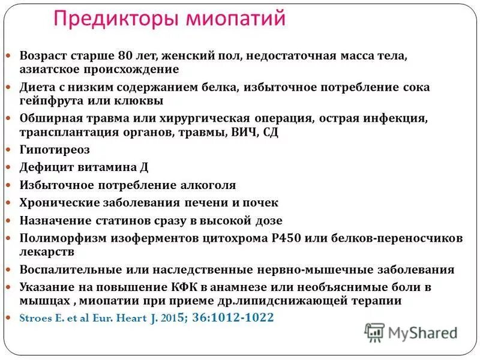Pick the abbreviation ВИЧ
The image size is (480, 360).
click(x=244, y=133)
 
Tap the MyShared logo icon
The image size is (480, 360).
click(x=375, y=332)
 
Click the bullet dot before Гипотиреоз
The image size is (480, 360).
click(x=9, y=149)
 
